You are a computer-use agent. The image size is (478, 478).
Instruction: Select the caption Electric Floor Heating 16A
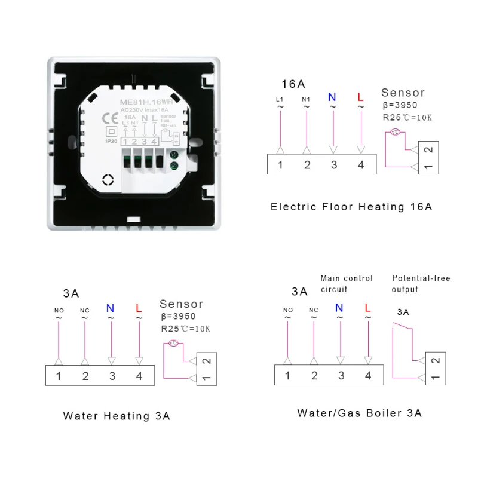pos(351,207)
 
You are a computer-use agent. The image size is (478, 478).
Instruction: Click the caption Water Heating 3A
pos(117,416)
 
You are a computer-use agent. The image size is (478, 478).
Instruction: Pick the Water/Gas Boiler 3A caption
pos(360,413)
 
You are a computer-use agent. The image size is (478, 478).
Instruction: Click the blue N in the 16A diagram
pos(333,97)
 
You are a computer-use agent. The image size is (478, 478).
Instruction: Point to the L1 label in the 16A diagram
pos(280,99)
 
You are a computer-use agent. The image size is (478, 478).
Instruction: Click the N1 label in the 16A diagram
pos(306,99)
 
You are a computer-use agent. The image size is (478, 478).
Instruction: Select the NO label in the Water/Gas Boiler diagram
pos(288,310)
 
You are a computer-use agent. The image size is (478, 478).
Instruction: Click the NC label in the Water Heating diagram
pos(84,310)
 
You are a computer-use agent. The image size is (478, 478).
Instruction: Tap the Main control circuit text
pos(347,284)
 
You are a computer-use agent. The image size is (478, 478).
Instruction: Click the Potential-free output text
pos(421,284)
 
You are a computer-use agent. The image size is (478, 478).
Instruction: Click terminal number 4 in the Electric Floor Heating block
pos(361,165)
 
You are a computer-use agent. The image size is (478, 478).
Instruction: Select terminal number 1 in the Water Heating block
pos(58,376)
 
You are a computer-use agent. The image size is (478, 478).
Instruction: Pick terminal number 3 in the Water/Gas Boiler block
pos(341,375)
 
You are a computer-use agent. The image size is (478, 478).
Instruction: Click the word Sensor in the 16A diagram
pos(403,93)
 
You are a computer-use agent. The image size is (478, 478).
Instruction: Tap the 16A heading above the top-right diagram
pos(293,84)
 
